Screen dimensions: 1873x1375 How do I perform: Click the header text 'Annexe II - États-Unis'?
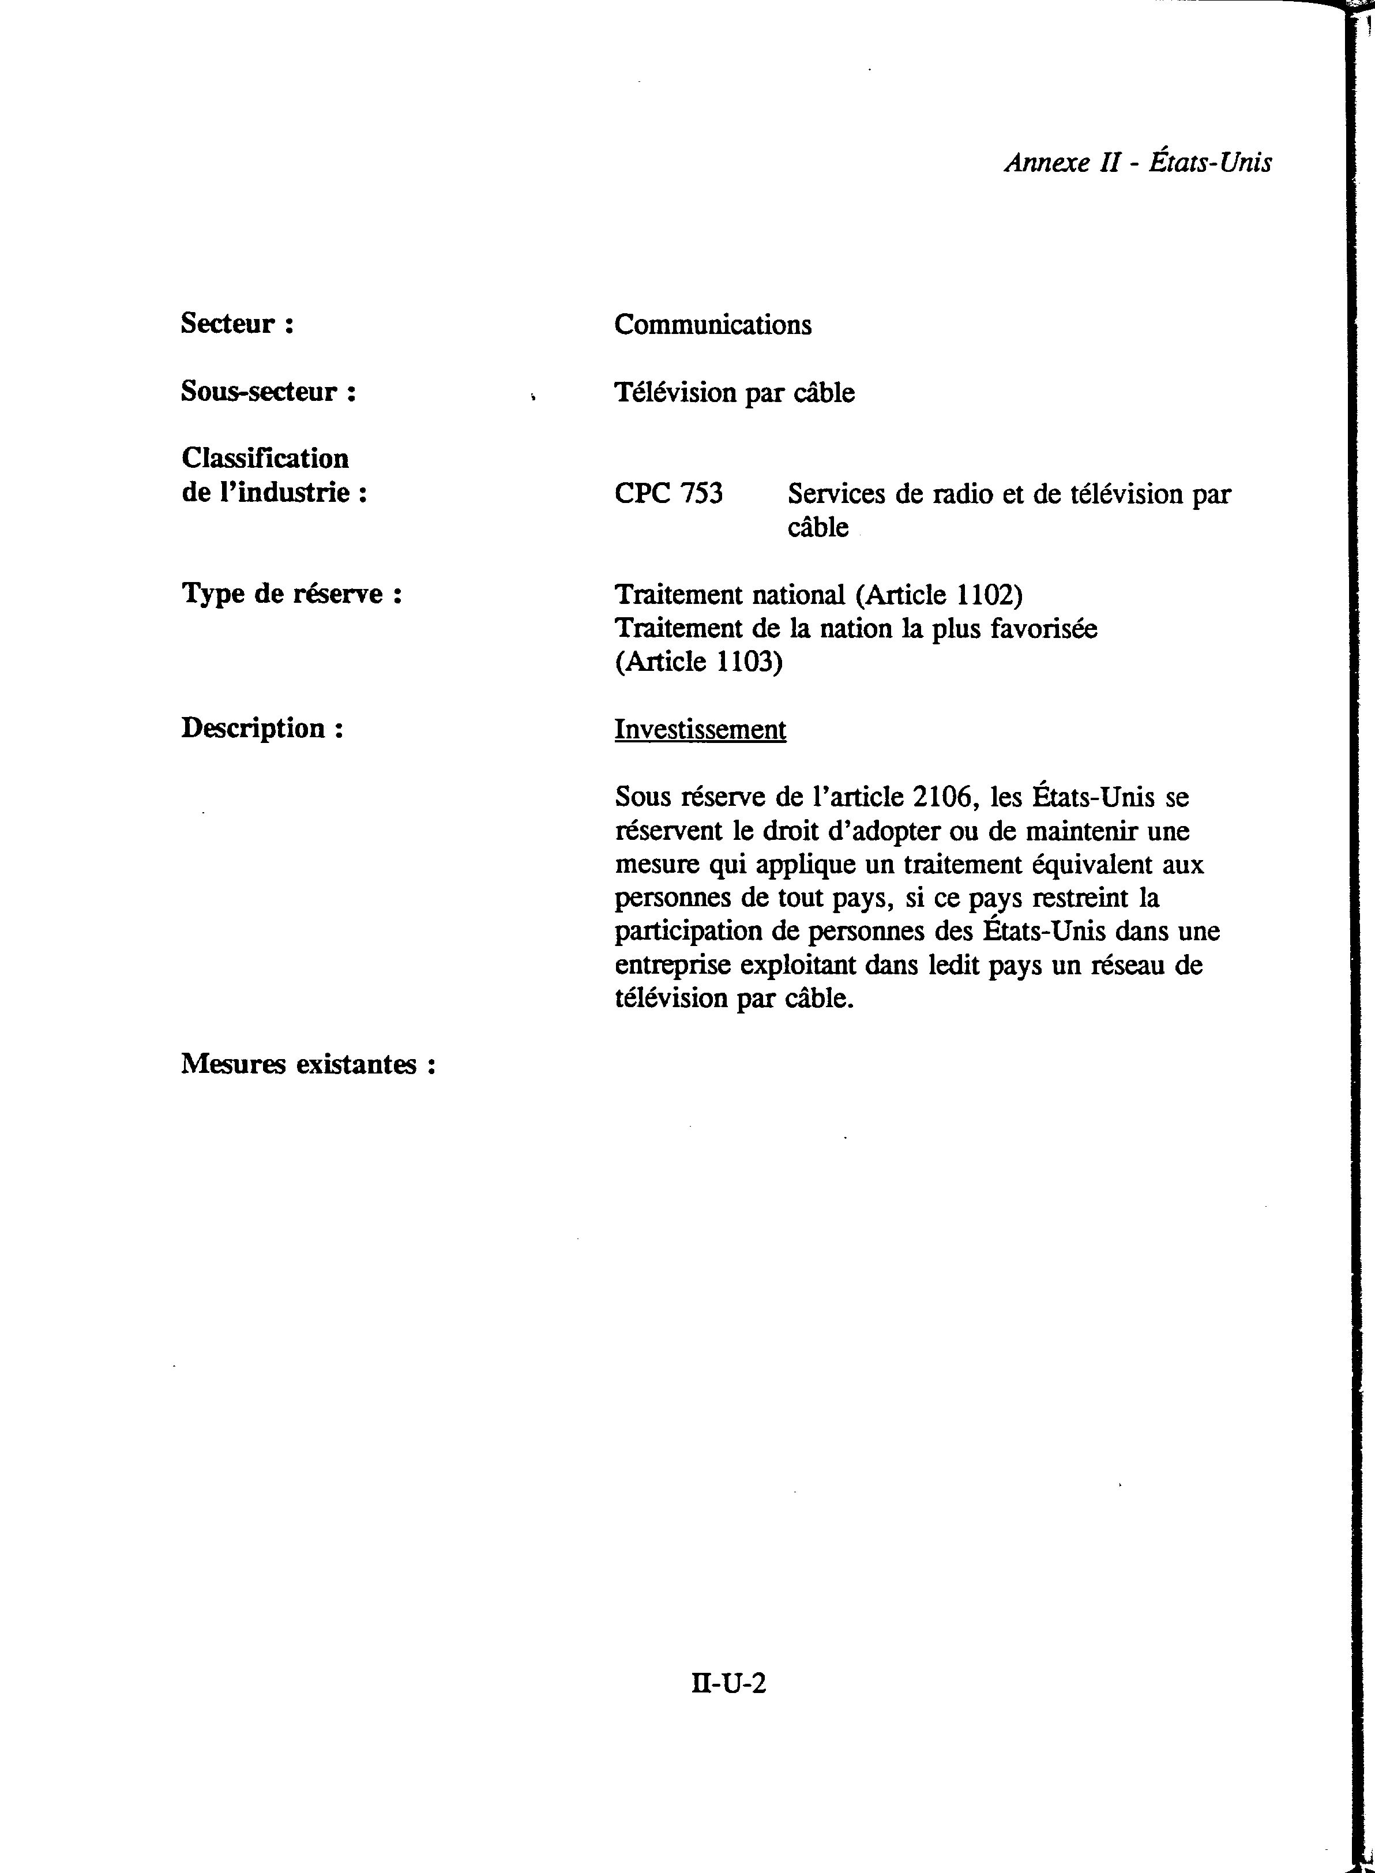pyautogui.click(x=1138, y=162)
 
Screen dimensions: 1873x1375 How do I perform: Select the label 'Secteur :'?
pyautogui.click(x=237, y=324)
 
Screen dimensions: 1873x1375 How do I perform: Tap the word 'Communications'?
pyautogui.click(x=712, y=325)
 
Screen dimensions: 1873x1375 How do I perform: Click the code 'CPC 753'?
pyautogui.click(x=668, y=494)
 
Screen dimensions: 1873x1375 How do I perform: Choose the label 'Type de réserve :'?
pyautogui.click(x=291, y=594)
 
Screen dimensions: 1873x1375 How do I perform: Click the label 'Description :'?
pyautogui.click(x=262, y=729)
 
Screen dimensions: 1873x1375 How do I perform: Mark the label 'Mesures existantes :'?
pyautogui.click(x=308, y=1065)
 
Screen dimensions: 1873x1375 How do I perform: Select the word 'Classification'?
pyautogui.click(x=265, y=458)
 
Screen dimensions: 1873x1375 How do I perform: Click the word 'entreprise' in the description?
pyautogui.click(x=673, y=966)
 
